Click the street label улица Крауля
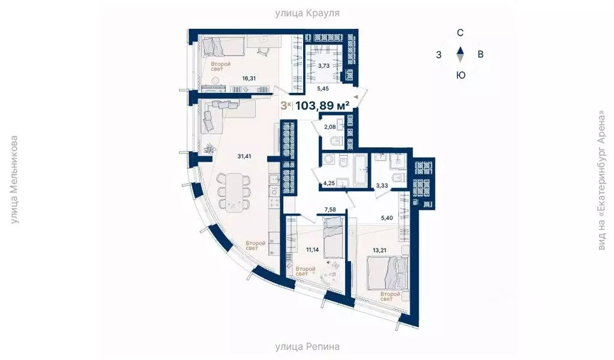click(x=307, y=13)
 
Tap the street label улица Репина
click(x=307, y=346)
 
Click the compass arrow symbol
click(x=460, y=55)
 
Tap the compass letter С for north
click(x=460, y=33)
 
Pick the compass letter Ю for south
click(x=460, y=75)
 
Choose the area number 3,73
click(x=324, y=66)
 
